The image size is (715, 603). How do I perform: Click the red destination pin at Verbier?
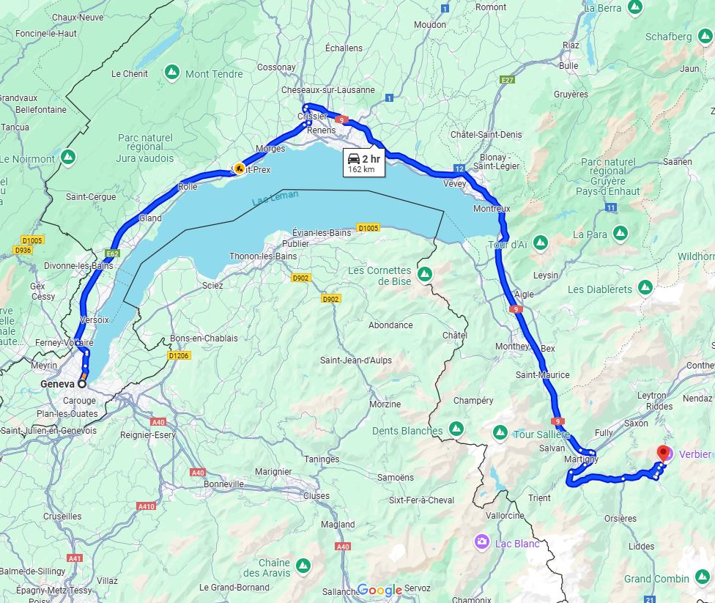tap(664, 453)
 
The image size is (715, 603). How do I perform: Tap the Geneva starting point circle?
tap(81, 383)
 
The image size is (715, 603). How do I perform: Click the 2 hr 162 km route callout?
tap(363, 163)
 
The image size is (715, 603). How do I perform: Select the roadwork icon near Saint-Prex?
tap(239, 168)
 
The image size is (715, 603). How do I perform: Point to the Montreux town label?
tap(492, 209)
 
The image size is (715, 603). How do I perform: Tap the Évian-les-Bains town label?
tap(322, 232)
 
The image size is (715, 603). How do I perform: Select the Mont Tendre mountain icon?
tap(172, 73)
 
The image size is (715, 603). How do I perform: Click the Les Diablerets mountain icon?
tap(645, 288)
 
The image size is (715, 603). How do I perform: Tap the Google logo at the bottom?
tap(379, 590)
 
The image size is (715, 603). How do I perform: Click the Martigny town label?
tap(581, 459)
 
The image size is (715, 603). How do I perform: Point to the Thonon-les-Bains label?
tap(264, 256)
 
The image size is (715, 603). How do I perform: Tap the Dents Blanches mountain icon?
tap(456, 428)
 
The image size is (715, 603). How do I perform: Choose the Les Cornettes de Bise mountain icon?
tap(425, 274)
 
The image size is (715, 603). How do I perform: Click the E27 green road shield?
tap(506, 78)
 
